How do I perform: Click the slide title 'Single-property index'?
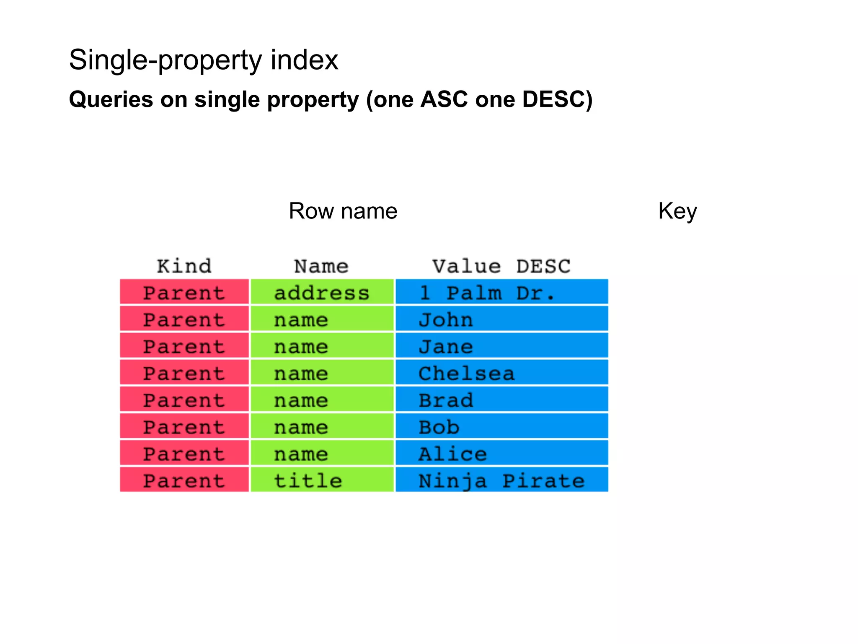203,60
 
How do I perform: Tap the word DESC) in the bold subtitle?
557,100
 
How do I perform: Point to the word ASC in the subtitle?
444,100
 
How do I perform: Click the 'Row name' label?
343,211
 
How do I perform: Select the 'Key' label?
677,211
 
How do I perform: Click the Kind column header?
184,266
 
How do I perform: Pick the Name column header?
321,266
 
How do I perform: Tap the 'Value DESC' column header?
501,266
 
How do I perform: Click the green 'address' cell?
322,292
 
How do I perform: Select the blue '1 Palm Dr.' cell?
501,292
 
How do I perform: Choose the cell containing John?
501,319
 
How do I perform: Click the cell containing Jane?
501,346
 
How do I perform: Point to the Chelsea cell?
501,373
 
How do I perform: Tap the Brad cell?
501,400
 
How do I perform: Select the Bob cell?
501,427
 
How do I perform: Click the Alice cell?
501,454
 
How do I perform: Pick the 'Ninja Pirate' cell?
501,480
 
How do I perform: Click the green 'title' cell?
322,480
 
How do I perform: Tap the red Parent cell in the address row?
184,292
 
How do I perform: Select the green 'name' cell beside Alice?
322,454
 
